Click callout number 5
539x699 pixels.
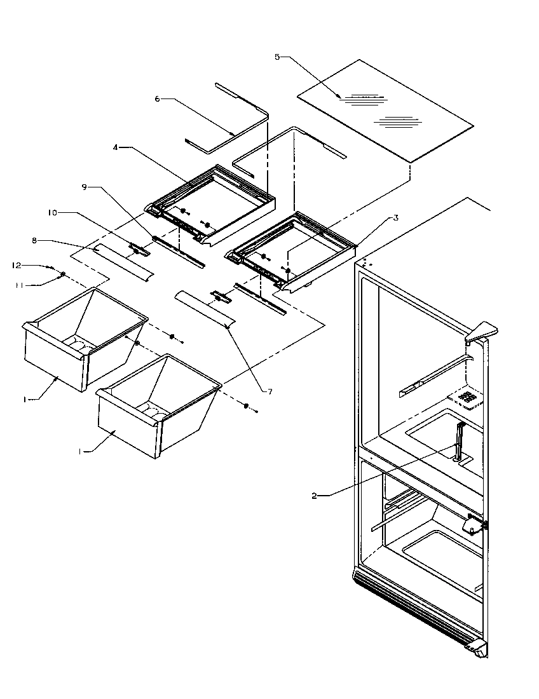tap(277, 57)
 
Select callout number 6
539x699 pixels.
tap(157, 98)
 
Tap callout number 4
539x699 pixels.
tap(116, 147)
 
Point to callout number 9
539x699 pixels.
tap(85, 187)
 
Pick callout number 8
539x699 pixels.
tap(34, 240)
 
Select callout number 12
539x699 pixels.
tap(17, 264)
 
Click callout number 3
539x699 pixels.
tap(395, 217)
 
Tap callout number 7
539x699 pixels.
tap(269, 391)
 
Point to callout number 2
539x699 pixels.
tap(315, 496)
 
